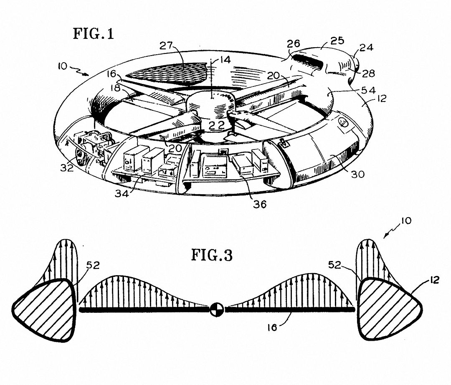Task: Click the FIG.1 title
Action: coord(93,33)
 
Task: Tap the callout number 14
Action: coord(225,60)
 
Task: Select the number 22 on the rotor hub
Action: coord(217,125)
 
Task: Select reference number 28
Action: coord(369,74)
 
